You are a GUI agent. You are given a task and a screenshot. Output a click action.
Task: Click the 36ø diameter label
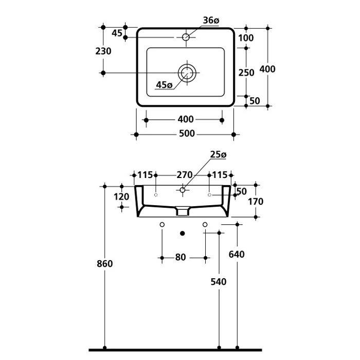tap(211, 21)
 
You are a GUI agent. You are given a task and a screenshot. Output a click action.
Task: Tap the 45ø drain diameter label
tap(164, 85)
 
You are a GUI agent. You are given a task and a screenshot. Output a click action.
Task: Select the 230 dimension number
tap(103, 51)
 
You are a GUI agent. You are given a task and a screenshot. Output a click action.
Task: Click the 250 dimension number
tap(247, 73)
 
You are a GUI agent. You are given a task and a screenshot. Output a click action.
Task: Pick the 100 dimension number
tap(246, 38)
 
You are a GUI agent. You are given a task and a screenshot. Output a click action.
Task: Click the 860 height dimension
tap(104, 264)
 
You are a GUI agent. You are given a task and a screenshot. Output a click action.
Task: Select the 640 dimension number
tap(237, 254)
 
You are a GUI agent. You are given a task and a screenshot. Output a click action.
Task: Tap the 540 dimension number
tap(220, 281)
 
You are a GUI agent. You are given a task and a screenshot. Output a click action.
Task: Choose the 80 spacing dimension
tap(181, 257)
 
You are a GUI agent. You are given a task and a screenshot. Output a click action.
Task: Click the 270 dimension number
tap(185, 175)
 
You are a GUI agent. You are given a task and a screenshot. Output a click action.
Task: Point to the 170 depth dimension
tap(255, 202)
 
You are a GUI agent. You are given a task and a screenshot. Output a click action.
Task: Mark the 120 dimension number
tap(121, 196)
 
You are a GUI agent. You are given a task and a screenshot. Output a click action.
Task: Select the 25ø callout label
tap(218, 154)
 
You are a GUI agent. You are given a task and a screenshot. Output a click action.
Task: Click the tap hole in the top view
tap(186, 37)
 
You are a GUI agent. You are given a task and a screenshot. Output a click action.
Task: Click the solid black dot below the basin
tap(183, 233)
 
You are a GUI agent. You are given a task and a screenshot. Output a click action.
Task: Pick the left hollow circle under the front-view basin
tap(162, 224)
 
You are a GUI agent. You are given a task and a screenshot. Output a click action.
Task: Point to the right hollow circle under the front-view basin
tap(205, 224)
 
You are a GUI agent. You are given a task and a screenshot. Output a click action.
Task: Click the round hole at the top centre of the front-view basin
tap(182, 191)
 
